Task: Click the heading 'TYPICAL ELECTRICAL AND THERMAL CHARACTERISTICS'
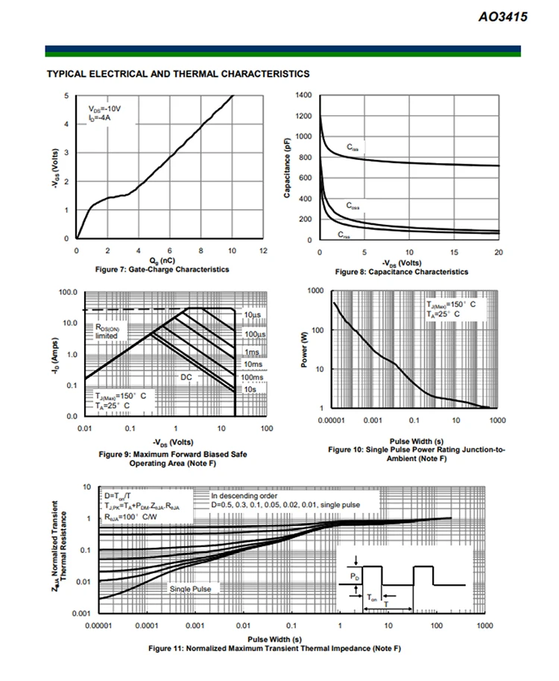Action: click(177, 74)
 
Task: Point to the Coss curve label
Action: click(355, 205)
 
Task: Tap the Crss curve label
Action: click(344, 234)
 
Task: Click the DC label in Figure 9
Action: click(186, 377)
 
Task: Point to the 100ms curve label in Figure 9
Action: click(253, 377)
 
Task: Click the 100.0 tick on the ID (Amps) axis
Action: click(67, 292)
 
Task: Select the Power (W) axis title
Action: click(305, 350)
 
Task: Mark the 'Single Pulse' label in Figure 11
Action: click(190, 589)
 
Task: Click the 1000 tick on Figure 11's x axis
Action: click(485, 626)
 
